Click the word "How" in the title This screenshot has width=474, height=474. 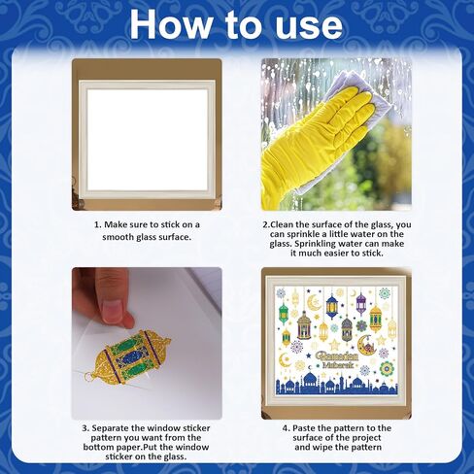[171, 25]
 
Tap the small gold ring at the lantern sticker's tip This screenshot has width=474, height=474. [89, 376]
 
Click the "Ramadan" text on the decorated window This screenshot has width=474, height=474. [337, 355]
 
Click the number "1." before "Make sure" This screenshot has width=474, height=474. [98, 224]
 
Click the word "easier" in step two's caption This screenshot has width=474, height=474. [338, 254]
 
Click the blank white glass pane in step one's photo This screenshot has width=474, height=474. [148, 140]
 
